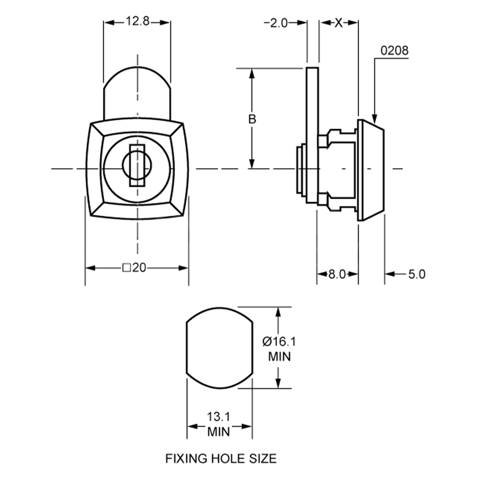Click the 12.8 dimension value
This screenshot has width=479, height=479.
(138, 22)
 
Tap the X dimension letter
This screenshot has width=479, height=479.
(338, 23)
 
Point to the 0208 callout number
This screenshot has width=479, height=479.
(394, 51)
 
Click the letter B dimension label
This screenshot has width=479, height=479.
(252, 119)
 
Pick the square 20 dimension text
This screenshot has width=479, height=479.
(134, 268)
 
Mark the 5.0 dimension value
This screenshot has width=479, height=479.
(417, 275)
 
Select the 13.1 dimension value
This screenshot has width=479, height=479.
(219, 417)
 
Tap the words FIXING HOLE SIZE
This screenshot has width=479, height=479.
(221, 458)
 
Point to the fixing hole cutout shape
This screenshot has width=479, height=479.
(220, 348)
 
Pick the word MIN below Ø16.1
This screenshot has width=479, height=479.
(279, 356)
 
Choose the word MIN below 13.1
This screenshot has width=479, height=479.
(219, 431)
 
